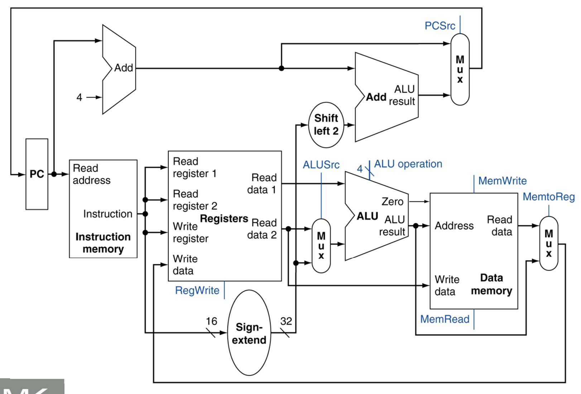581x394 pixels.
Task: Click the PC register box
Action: coord(37,174)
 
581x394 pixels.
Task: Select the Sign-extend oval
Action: coord(249,332)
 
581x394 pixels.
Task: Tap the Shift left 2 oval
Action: coord(326,125)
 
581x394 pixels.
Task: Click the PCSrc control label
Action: coord(440,26)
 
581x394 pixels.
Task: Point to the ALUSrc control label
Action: coord(321,165)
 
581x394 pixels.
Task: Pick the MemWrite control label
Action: coord(503,181)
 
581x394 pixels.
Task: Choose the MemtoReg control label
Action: coord(548,197)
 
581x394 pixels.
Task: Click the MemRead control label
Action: coord(445,319)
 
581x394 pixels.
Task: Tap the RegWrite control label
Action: coord(197,290)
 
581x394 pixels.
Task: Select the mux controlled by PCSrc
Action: coord(460,69)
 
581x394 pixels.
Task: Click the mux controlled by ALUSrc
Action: coord(321,246)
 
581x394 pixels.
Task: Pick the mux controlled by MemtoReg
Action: coord(548,243)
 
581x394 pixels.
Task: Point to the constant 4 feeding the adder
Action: coord(80,97)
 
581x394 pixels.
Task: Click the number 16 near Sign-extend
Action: coord(211,321)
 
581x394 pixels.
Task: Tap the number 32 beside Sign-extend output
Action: coord(286,321)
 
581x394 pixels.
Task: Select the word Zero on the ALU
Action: coord(393,202)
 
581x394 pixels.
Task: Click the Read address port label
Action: coord(92,174)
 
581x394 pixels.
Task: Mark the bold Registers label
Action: coord(224,218)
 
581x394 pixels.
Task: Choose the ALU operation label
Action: coord(408,164)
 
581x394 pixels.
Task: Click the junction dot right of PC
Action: coord(54,174)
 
